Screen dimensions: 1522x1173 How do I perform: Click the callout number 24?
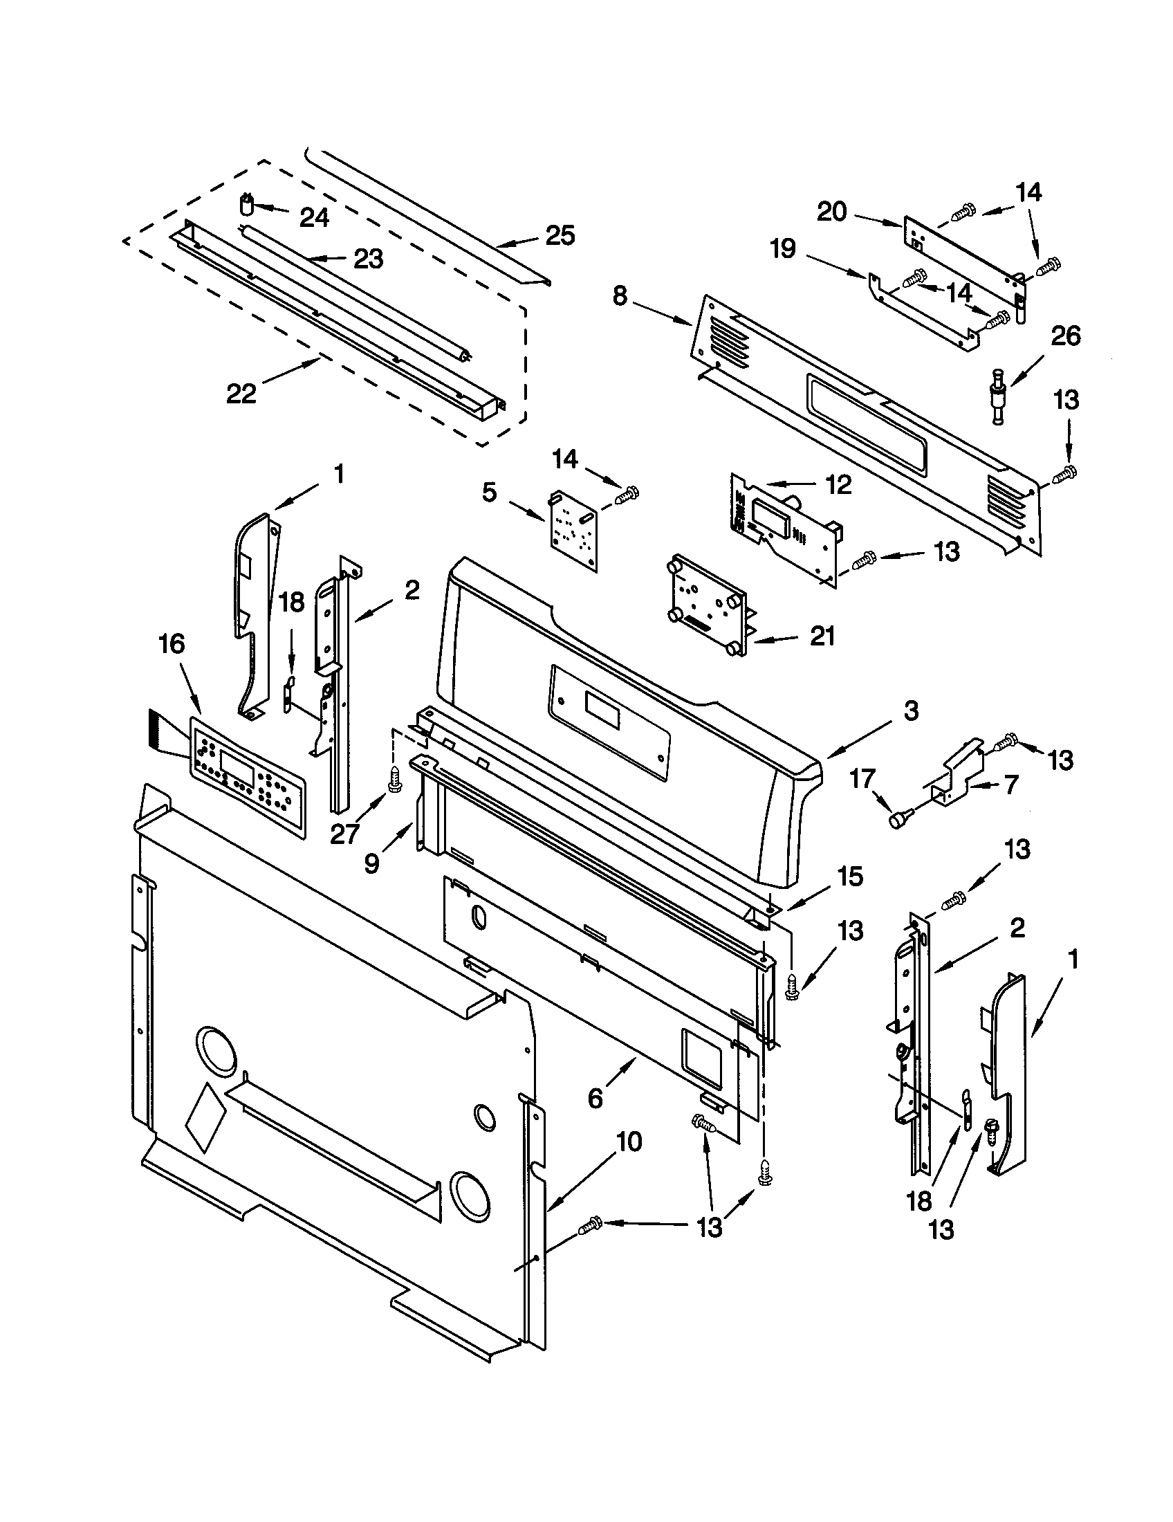[314, 218]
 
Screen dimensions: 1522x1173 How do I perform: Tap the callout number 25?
[560, 235]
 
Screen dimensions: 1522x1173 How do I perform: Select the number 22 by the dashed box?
[241, 394]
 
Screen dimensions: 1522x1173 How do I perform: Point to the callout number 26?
[1066, 336]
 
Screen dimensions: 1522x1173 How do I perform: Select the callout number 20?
[832, 212]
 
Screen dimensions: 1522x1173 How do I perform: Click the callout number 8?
[620, 296]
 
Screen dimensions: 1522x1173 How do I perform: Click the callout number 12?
[840, 484]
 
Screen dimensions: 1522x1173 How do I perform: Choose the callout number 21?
[822, 636]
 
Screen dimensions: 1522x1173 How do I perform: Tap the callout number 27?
[344, 834]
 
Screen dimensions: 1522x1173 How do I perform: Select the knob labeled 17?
[897, 822]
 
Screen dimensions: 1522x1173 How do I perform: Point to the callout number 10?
[628, 1142]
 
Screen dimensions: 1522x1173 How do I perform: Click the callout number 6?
[595, 1099]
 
